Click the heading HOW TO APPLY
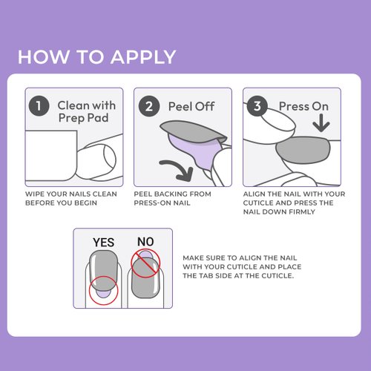96,57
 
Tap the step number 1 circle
39,105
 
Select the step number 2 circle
149,105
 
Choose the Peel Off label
191,106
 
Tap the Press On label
303,106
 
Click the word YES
103,242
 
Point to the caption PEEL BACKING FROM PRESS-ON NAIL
172,198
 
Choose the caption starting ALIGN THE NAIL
294,203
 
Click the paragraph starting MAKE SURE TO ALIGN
249,266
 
